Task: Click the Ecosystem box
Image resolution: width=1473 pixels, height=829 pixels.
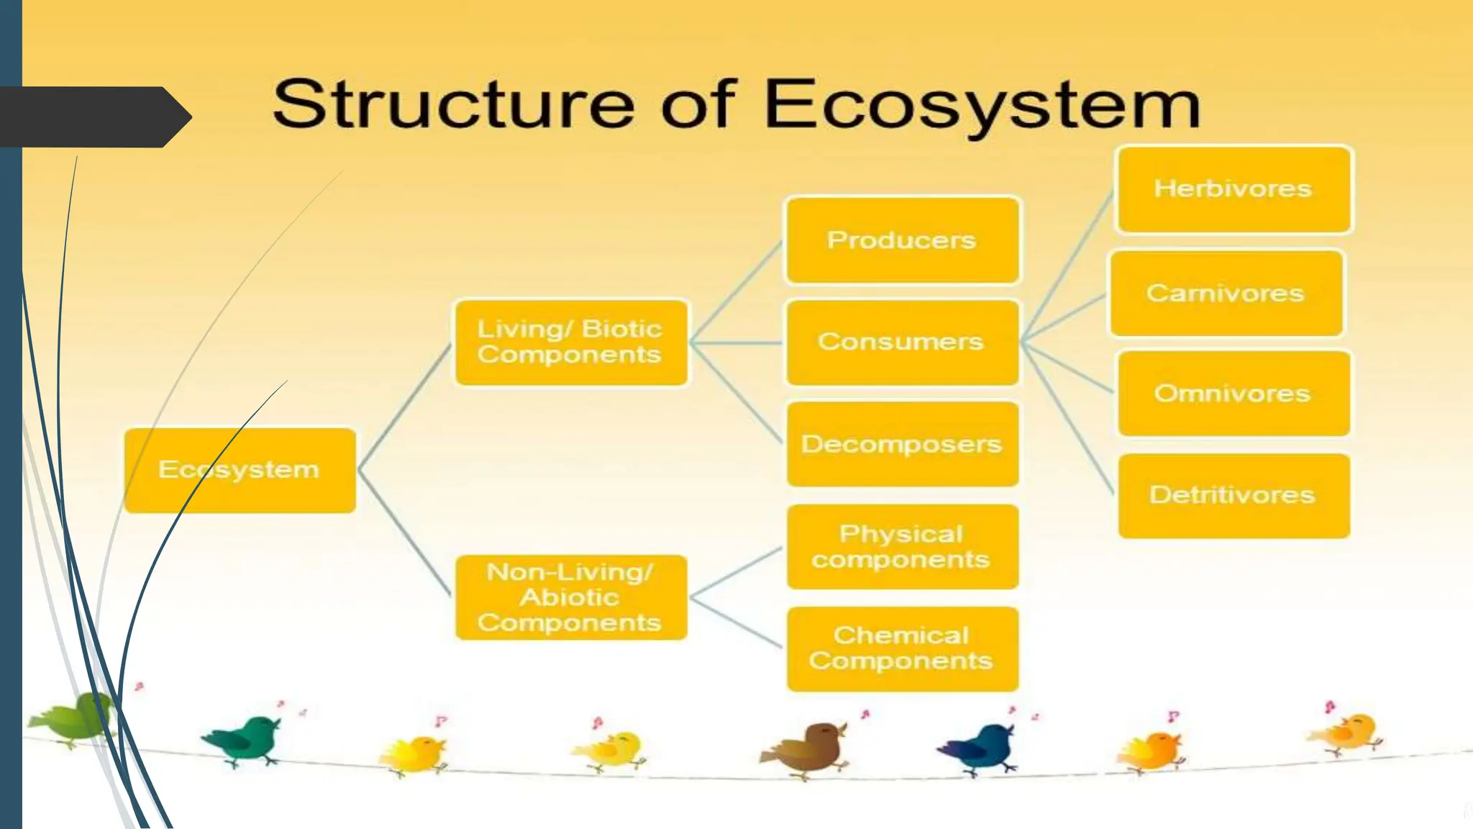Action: coord(240,470)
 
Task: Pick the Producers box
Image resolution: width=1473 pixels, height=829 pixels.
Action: coord(902,240)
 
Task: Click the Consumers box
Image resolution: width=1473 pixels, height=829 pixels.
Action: coord(902,342)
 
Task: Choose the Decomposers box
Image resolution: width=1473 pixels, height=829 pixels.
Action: coord(902,444)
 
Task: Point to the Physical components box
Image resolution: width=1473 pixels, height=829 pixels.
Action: coord(902,546)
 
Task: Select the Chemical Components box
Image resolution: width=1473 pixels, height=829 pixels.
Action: coord(902,648)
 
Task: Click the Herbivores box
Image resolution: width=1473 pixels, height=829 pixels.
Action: coord(1233,189)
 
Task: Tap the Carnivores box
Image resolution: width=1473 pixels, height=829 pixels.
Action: coord(1226,293)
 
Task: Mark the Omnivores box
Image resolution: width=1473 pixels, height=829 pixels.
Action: coord(1233,394)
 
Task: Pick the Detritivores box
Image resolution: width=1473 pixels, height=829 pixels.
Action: coord(1233,495)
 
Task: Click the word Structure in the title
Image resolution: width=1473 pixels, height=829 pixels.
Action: coord(453,104)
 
